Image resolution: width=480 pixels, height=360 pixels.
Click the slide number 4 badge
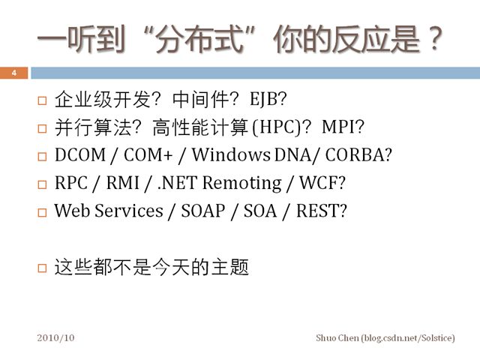[13, 73]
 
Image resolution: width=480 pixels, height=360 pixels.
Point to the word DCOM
[80, 154]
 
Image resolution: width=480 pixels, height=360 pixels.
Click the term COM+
[148, 154]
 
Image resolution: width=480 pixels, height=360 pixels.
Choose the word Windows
[231, 154]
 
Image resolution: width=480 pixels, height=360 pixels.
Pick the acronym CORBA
[355, 154]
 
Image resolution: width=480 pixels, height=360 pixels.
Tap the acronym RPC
[71, 183]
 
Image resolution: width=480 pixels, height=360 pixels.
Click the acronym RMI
[123, 183]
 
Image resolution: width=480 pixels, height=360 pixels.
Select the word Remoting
[241, 184]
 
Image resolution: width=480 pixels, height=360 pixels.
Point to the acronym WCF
[318, 183]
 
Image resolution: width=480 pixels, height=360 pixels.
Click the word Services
[129, 211]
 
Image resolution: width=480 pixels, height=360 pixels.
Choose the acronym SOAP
[203, 211]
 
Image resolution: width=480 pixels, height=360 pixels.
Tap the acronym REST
[318, 211]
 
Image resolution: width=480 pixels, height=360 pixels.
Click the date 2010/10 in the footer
[55, 337]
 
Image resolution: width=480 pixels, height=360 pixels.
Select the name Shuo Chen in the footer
[337, 337]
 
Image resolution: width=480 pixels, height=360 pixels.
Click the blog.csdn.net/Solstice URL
[408, 338]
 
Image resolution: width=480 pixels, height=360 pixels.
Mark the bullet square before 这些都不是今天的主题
[42, 268]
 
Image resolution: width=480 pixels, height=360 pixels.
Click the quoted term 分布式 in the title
[199, 40]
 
